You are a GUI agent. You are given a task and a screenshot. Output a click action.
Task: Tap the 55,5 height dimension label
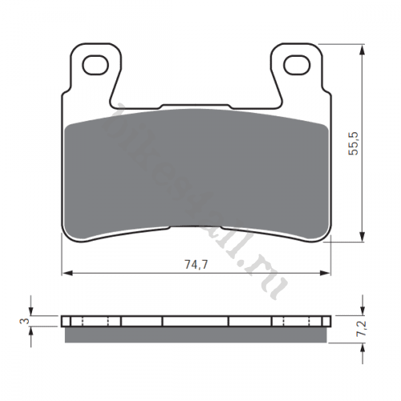(x=352, y=143)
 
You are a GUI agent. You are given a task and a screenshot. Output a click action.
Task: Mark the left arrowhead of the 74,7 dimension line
(x=66, y=273)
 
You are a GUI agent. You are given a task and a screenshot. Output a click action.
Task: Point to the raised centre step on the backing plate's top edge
(x=196, y=105)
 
